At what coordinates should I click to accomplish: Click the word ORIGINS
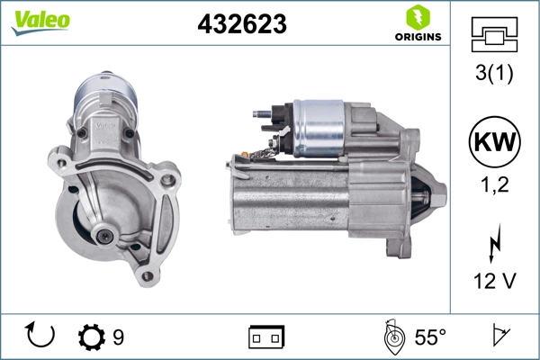(x=417, y=37)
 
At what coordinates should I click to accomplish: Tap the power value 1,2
(x=493, y=186)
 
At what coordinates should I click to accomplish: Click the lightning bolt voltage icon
(x=493, y=246)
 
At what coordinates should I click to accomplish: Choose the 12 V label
(x=493, y=282)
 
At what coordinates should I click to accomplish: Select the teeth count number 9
(x=118, y=337)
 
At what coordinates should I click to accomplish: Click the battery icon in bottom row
(x=266, y=337)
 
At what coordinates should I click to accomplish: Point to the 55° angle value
(x=430, y=337)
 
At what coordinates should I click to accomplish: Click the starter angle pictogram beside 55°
(x=392, y=337)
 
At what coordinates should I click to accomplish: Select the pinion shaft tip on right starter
(x=441, y=190)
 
